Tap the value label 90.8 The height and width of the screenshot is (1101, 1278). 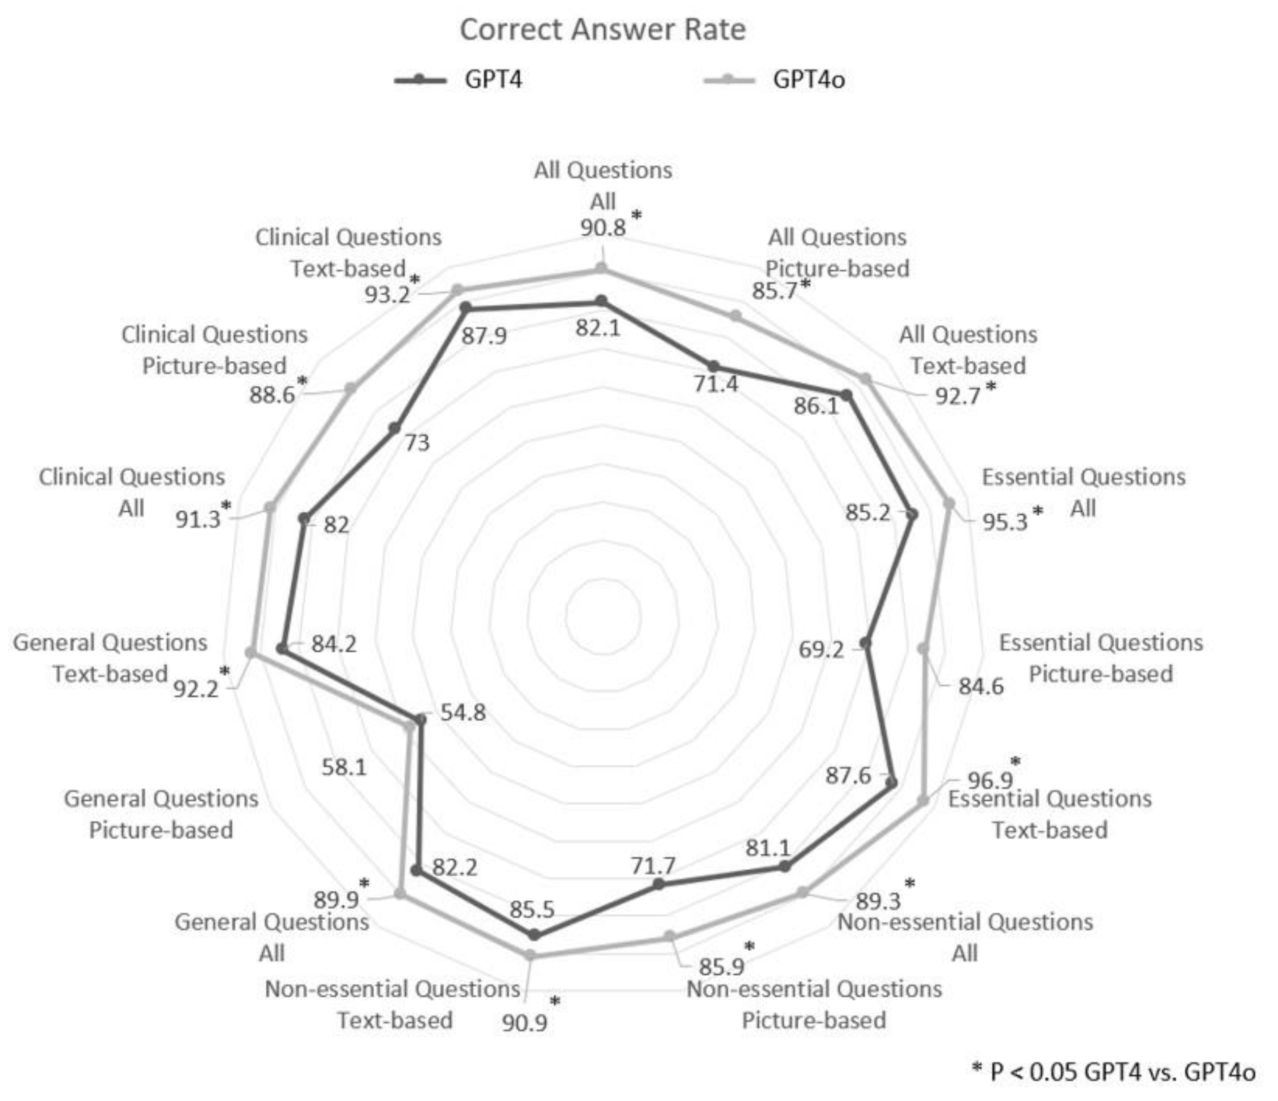602,228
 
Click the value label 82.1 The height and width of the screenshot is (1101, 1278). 598,328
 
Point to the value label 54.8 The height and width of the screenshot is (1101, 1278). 463,713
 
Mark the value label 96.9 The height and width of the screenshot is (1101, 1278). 990,780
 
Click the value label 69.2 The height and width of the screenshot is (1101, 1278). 821,650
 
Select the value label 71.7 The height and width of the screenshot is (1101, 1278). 653,866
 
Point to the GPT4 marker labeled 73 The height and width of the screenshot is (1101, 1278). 394,428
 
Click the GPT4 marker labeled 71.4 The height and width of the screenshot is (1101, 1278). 713,366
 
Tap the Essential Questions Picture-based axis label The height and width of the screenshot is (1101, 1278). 1101,658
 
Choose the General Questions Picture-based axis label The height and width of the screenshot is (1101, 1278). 161,814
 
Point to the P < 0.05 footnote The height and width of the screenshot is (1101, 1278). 1113,1072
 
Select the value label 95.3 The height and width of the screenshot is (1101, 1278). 1005,522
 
